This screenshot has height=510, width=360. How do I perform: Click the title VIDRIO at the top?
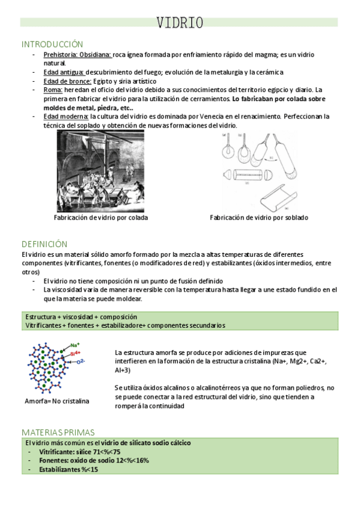pos(180,23)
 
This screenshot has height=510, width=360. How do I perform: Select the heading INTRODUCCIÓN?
pos(52,44)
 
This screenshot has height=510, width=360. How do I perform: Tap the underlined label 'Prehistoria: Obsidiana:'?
pos(78,55)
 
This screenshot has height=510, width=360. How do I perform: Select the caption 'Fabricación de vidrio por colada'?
pos(100,218)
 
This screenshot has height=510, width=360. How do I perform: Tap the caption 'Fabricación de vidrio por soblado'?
pos(258,218)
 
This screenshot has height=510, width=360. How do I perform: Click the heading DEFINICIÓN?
pos(44,244)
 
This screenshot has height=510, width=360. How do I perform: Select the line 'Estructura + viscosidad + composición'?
pos(81,316)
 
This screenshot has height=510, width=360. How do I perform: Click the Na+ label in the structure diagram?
pos(75,345)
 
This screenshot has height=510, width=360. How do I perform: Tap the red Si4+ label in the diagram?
pos(76,354)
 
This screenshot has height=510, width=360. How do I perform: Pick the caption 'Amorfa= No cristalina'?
pos(56,401)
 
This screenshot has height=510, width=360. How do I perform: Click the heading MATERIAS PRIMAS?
pos(58,432)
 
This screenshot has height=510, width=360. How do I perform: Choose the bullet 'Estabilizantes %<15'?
pos(68,469)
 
